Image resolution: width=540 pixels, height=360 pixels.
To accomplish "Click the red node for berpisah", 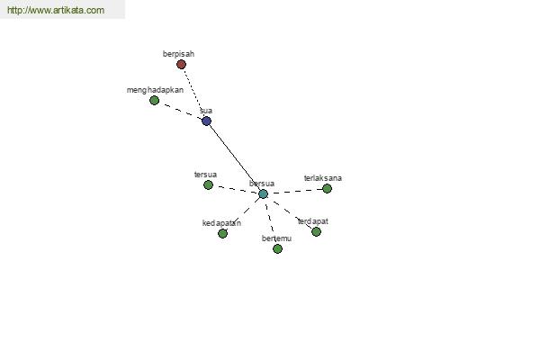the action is (x=181, y=65).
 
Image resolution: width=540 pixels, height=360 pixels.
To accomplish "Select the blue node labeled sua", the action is (x=206, y=121).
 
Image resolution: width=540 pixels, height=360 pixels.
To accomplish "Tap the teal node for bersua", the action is (x=263, y=194).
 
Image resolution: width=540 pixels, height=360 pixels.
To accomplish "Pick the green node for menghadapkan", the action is (x=154, y=100).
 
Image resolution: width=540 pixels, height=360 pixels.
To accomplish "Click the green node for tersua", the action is (x=208, y=185).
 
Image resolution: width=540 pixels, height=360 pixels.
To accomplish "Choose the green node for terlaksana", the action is (x=327, y=188).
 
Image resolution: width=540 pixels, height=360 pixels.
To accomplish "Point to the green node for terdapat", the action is (x=316, y=231).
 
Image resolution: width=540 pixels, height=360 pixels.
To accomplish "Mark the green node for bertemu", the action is (x=277, y=248).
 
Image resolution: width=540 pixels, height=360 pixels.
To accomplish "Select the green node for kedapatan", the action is (x=222, y=233).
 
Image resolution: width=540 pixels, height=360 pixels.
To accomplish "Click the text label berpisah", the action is (x=178, y=54).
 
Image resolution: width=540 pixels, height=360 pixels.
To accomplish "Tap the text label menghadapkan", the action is (x=155, y=90).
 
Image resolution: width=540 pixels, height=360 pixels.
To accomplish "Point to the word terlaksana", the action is (x=323, y=178).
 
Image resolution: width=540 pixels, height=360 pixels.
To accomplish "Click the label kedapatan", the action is (x=221, y=223).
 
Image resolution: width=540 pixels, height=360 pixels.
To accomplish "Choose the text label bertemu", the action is (x=276, y=238).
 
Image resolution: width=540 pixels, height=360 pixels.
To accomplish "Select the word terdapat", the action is (x=312, y=221).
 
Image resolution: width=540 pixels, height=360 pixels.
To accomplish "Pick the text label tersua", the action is (x=205, y=175).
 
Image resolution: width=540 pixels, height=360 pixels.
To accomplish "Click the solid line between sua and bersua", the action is (x=235, y=157).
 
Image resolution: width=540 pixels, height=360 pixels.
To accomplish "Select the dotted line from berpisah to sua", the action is (x=193, y=92).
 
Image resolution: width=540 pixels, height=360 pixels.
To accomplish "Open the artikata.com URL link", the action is (x=56, y=10).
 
